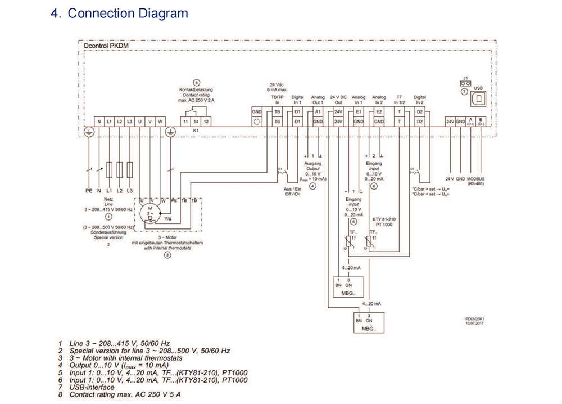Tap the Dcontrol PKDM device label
(x=104, y=46)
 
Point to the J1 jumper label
(x=465, y=78)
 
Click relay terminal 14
(x=197, y=122)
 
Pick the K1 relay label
(x=196, y=131)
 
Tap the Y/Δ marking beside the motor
(x=168, y=218)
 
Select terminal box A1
(x=318, y=112)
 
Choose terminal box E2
(x=379, y=112)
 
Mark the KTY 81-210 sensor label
(x=384, y=219)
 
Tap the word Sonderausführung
(x=108, y=232)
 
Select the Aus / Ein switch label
(x=293, y=190)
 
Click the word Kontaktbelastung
(x=196, y=90)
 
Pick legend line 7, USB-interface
(x=92, y=387)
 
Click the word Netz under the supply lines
(x=108, y=199)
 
